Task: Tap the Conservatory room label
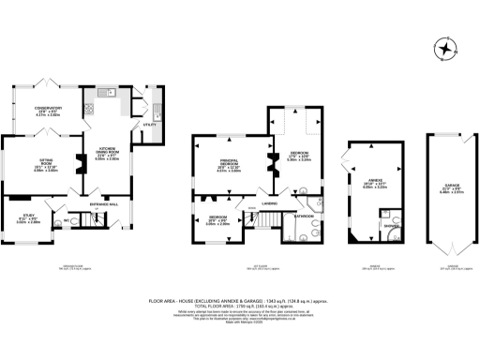pos(48,109)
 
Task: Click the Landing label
pos(268,202)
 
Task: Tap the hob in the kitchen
pos(89,107)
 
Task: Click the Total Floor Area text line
pos(240,307)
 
